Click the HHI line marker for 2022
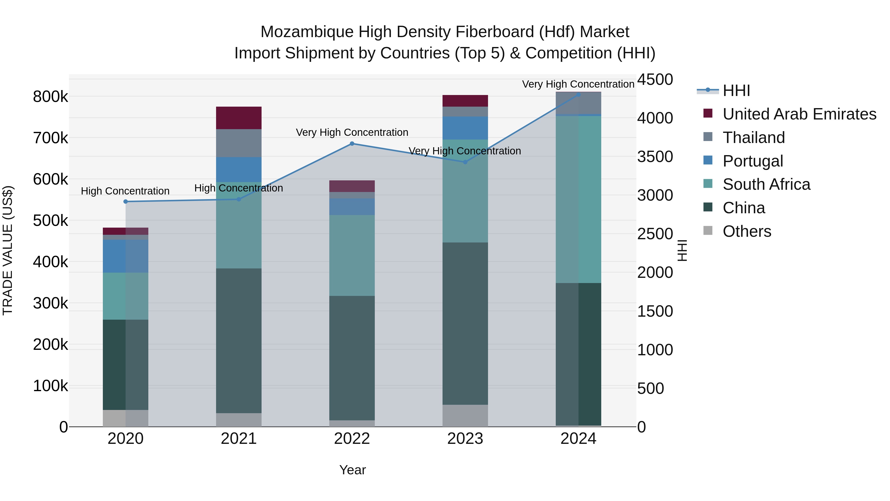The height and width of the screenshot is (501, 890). click(352, 143)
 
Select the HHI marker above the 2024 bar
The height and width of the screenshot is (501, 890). click(578, 95)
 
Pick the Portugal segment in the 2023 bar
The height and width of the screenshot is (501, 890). click(465, 128)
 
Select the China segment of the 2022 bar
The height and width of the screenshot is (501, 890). click(352, 358)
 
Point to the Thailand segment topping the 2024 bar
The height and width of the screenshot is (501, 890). click(578, 103)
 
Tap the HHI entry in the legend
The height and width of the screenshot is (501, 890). click(736, 91)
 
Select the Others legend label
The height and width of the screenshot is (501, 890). click(747, 231)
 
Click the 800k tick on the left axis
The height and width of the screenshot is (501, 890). click(50, 97)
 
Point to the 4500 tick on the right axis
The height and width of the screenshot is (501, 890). click(655, 79)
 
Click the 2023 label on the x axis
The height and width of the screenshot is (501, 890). click(465, 438)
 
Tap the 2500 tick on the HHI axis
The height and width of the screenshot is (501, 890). click(655, 234)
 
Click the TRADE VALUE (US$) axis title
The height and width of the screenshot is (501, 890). click(8, 250)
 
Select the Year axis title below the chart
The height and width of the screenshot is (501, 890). click(352, 470)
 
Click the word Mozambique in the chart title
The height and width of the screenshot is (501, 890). click(307, 32)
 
